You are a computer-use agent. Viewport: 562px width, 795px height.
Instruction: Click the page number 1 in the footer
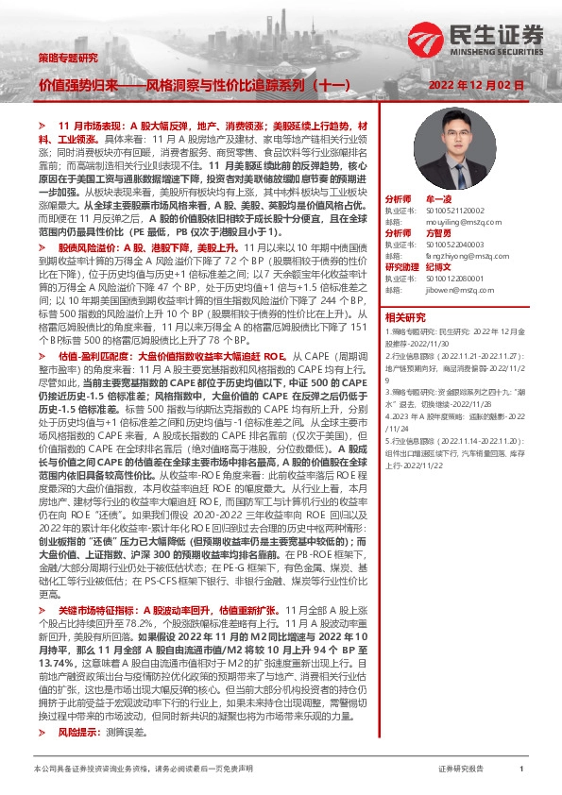tap(521, 770)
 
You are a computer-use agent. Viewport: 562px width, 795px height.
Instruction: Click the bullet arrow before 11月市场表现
tap(43, 125)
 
